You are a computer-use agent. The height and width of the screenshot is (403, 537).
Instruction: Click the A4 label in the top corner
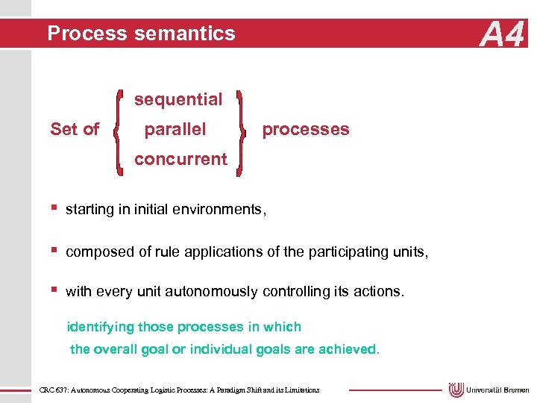click(x=503, y=34)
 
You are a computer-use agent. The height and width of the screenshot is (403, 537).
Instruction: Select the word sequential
click(x=178, y=99)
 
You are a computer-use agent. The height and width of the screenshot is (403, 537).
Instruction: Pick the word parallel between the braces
click(x=175, y=129)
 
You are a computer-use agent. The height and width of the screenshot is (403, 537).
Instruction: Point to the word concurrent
click(x=180, y=159)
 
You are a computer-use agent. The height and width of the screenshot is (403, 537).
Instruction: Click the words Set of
click(x=75, y=129)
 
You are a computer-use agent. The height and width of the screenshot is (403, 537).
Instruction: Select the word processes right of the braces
click(x=306, y=129)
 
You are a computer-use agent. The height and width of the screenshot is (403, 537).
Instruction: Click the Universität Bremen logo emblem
click(x=456, y=390)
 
